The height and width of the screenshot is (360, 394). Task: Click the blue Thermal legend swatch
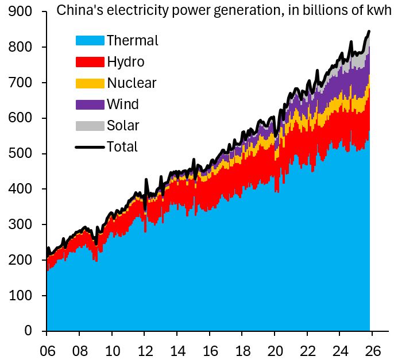coord(90,40)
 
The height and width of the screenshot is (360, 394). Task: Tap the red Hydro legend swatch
coord(90,61)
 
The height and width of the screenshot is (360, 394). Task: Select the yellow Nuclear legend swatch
coord(90,83)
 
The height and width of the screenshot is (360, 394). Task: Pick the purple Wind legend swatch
coord(90,104)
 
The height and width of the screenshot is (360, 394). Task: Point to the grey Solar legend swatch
coord(90,125)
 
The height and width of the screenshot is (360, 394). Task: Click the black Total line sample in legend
coord(90,146)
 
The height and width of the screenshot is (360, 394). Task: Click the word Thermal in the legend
coord(132,40)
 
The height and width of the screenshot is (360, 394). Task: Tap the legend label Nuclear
coord(132,83)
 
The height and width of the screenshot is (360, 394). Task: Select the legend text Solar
coord(123,125)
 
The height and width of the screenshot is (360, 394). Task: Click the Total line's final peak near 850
coord(369,31)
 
